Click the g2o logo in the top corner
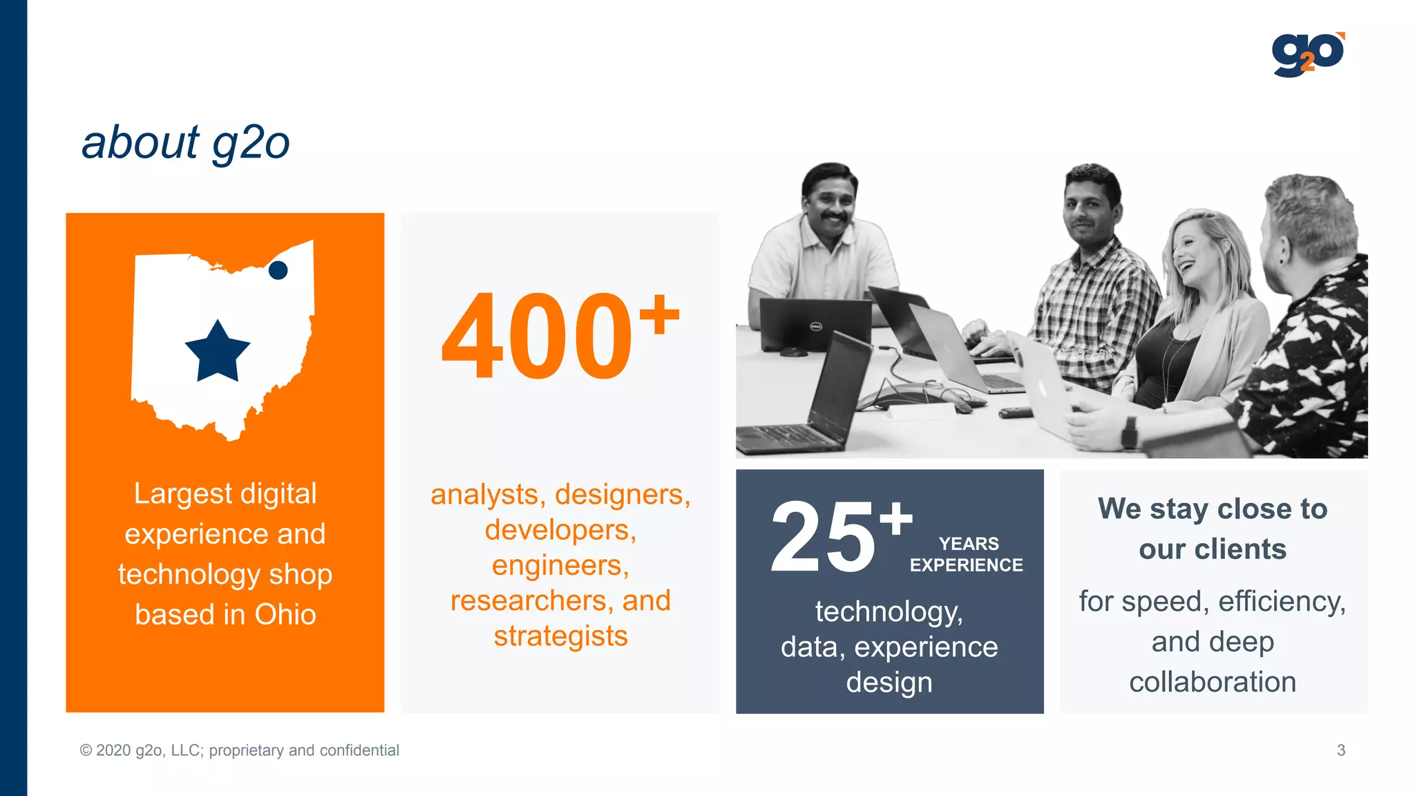tap(1308, 55)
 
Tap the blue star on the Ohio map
tap(218, 352)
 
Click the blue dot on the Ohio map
tap(278, 270)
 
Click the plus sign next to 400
tap(659, 314)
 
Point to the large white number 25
tap(823, 537)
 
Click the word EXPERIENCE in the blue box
tap(966, 565)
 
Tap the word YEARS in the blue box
tap(969, 544)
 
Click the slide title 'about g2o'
tap(186, 143)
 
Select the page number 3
tap(1341, 750)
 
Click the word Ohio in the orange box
tap(285, 614)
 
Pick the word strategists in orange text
tap(560, 636)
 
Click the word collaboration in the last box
tap(1213, 682)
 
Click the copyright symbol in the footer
tap(86, 750)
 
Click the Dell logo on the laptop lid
tap(815, 326)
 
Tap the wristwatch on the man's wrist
tap(1129, 433)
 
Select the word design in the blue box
tap(889, 683)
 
